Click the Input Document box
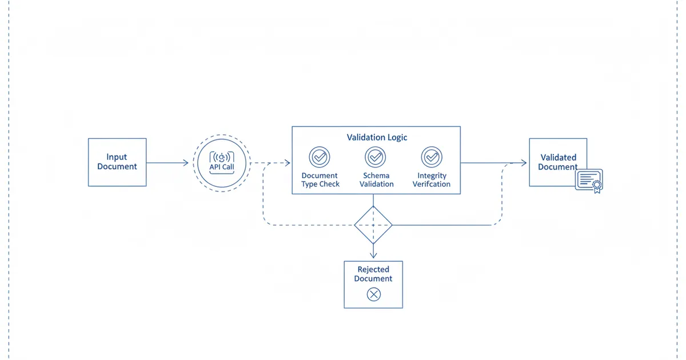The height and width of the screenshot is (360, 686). [117, 162]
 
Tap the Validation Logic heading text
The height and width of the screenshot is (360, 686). [377, 138]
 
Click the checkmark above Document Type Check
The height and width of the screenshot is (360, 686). [319, 157]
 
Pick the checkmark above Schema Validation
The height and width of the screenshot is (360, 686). [375, 157]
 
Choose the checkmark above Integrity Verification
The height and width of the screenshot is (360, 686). [431, 157]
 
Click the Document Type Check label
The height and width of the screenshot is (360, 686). [320, 180]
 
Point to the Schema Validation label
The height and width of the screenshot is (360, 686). [377, 180]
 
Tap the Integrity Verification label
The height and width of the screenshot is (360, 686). [432, 180]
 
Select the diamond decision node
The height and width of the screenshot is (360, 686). [373, 225]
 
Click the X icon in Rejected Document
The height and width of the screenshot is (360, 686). [373, 294]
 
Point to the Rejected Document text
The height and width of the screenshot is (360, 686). [373, 274]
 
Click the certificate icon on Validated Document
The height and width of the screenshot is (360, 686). [589, 180]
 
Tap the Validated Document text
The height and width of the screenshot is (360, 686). [557, 162]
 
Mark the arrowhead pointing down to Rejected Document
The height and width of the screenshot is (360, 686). [373, 255]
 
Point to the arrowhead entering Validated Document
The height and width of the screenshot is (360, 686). [523, 163]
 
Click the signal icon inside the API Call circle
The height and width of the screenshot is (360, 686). [222, 156]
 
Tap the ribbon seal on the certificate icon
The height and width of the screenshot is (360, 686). [597, 185]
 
